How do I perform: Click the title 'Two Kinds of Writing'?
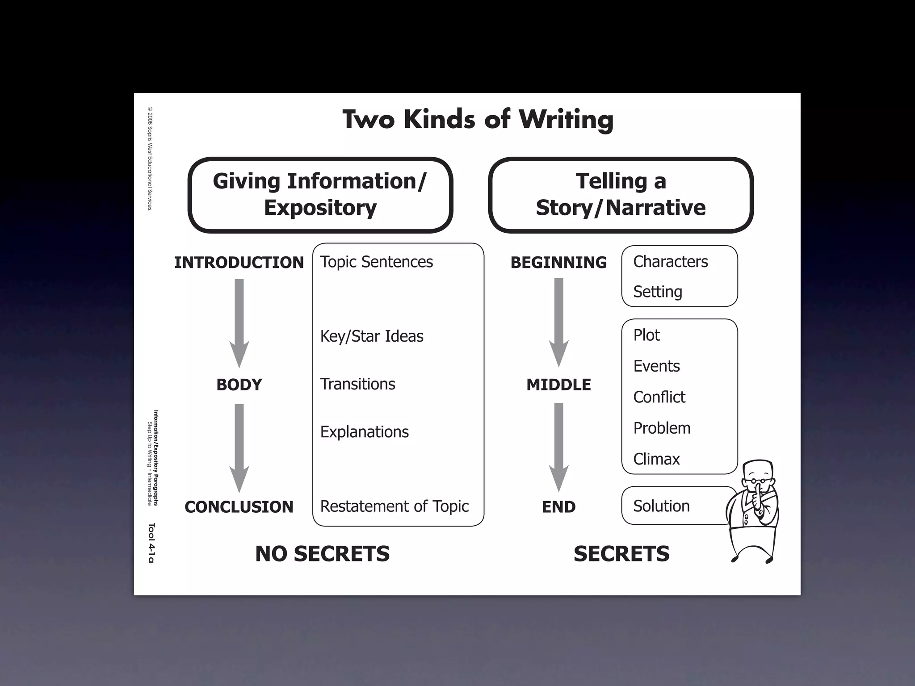(478, 120)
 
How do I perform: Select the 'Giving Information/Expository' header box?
(320, 195)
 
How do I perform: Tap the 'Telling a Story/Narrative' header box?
(621, 195)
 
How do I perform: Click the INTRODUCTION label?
(239, 263)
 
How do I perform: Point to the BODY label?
(239, 385)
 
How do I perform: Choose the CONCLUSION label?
(239, 507)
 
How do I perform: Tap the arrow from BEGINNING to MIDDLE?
(558, 322)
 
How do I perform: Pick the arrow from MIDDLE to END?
(558, 447)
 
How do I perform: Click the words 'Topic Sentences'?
(376, 262)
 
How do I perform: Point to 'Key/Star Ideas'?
(372, 336)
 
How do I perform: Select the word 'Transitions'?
(357, 384)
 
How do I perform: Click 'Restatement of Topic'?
(395, 506)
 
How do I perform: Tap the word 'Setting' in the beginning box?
(658, 292)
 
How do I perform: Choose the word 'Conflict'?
(659, 397)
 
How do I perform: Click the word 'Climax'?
(656, 459)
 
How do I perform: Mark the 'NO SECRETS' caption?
(322, 554)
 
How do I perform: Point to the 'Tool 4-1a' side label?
(151, 543)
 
